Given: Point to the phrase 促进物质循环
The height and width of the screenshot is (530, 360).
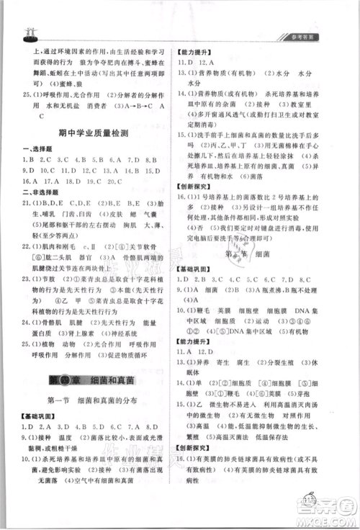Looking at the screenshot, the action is click(x=129, y=356).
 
